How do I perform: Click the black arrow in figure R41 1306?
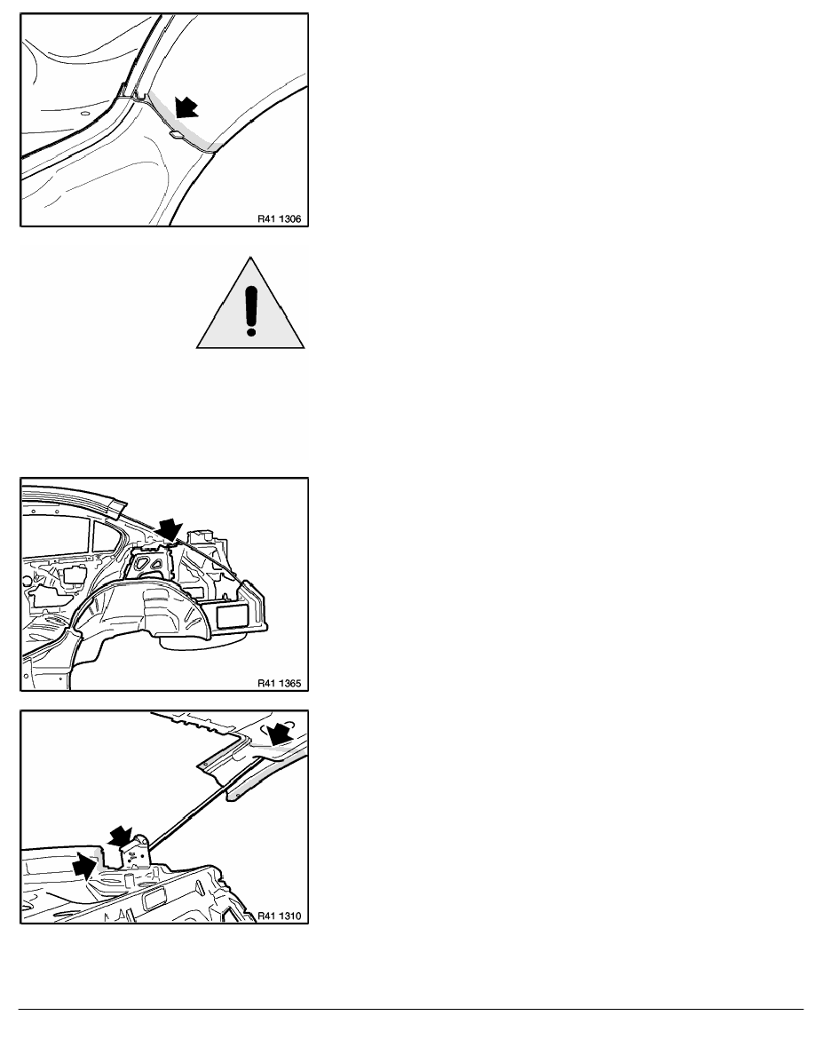click(186, 107)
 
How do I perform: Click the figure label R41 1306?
click(279, 218)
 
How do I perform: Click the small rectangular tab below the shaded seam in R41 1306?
click(176, 135)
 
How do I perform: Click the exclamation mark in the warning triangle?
click(251, 311)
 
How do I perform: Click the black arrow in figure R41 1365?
click(169, 530)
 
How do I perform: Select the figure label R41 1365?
click(279, 683)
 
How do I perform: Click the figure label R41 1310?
click(279, 915)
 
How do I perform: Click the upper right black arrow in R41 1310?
click(280, 733)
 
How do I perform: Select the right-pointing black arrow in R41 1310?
click(87, 865)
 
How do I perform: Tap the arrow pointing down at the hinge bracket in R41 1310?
click(120, 837)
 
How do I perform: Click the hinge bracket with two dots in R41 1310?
click(134, 853)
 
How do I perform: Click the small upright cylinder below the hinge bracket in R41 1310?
click(129, 881)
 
